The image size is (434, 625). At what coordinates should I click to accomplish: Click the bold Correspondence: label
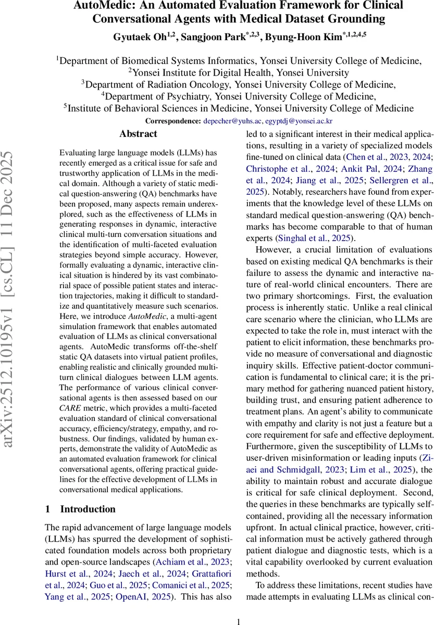point(172,121)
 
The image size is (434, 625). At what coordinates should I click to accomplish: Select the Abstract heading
point(138,134)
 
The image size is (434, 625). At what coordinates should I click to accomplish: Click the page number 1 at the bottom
point(239,608)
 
